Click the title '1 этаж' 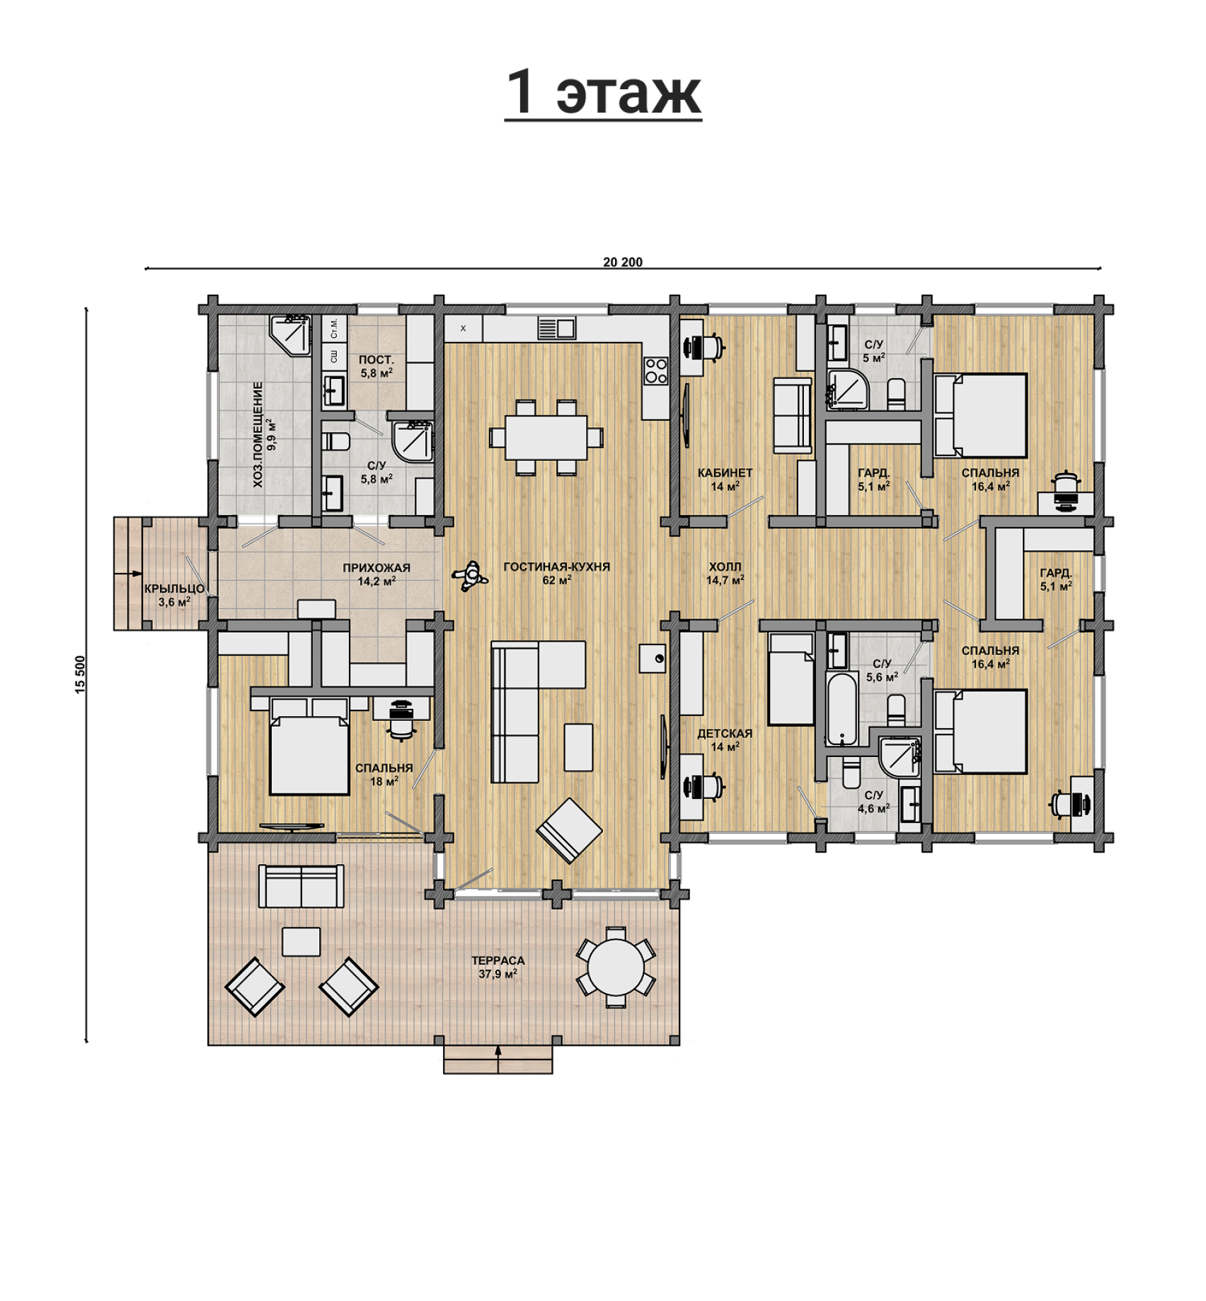pyautogui.click(x=603, y=93)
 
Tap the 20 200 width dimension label pyautogui.click(x=623, y=262)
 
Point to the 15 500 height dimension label pyautogui.click(x=80, y=674)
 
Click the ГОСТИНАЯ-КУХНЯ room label pyautogui.click(x=556, y=567)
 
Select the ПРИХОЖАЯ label pyautogui.click(x=377, y=568)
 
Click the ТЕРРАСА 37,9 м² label pyautogui.click(x=498, y=967)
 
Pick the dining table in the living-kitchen pyautogui.click(x=546, y=437)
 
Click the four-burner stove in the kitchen pyautogui.click(x=656, y=370)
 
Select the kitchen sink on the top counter pyautogui.click(x=556, y=328)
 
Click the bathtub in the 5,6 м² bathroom pyautogui.click(x=842, y=710)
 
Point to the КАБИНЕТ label pyautogui.click(x=725, y=472)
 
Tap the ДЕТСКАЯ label pyautogui.click(x=725, y=734)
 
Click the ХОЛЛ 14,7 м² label pyautogui.click(x=725, y=573)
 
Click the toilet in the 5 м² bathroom pyautogui.click(x=896, y=394)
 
